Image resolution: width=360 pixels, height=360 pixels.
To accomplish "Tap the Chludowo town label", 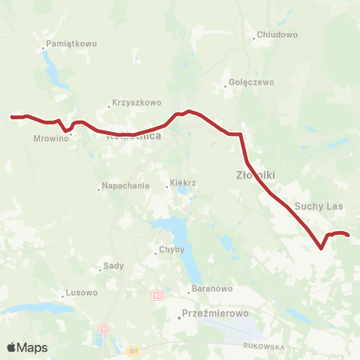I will pyautogui.click(x=277, y=34).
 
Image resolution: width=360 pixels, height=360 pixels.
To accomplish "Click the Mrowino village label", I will pyautogui.click(x=46, y=139).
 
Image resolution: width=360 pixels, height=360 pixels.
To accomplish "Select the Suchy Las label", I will pyautogui.click(x=319, y=205).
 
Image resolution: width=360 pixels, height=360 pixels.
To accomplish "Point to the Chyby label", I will pyautogui.click(x=166, y=250).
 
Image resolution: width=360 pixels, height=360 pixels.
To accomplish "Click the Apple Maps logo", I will pyautogui.click(x=27, y=347).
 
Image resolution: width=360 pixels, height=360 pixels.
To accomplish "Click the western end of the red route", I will pyautogui.click(x=11, y=117).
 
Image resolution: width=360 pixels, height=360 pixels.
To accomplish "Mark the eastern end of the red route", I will pyautogui.click(x=349, y=235).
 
